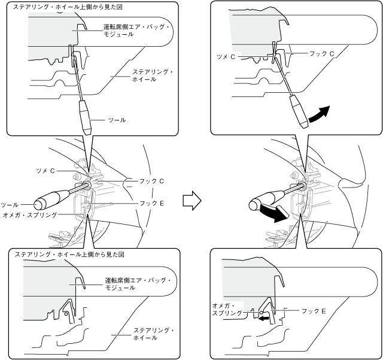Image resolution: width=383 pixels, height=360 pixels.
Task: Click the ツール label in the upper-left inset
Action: click(x=116, y=120)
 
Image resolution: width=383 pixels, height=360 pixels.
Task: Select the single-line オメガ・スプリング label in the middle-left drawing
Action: click(x=29, y=214)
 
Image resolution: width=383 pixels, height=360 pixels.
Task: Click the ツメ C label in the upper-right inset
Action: click(x=224, y=56)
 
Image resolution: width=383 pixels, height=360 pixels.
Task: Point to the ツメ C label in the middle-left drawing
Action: click(x=45, y=171)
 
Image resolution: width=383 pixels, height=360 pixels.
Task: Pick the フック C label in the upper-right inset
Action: click(x=322, y=53)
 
